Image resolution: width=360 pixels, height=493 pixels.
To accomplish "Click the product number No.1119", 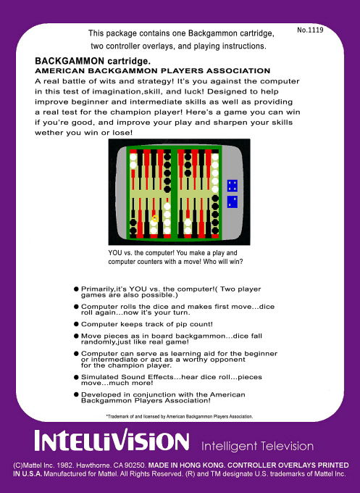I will point(310,30).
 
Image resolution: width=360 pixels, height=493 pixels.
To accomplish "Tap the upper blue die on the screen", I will point(233,186).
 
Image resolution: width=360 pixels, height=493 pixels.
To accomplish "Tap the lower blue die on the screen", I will point(233,202).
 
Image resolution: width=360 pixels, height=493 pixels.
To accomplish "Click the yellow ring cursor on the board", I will point(154,217).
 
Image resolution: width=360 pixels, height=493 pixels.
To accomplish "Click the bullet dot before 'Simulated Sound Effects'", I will point(76,378).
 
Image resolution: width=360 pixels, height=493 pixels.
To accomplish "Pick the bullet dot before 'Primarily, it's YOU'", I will point(76,289).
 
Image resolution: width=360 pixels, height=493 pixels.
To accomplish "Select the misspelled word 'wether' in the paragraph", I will point(49,131).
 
